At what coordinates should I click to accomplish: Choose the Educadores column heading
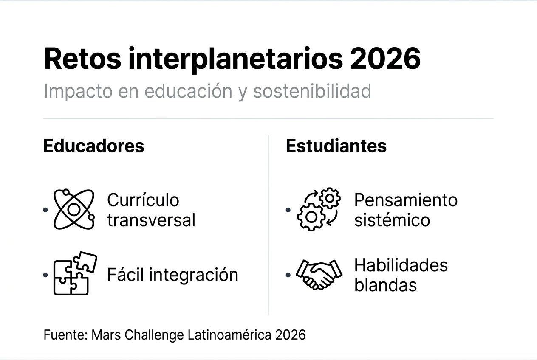(94, 146)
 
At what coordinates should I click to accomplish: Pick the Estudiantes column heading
(336, 146)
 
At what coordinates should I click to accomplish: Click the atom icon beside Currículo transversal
(73, 209)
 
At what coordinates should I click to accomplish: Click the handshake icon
(319, 274)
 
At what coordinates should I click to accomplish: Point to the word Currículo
(143, 200)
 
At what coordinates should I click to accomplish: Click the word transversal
(151, 220)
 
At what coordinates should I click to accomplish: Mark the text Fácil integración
(172, 275)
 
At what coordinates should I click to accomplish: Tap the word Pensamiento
(406, 200)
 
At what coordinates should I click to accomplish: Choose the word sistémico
(392, 220)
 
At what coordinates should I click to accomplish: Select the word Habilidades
(401, 265)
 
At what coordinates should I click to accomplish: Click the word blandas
(385, 285)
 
